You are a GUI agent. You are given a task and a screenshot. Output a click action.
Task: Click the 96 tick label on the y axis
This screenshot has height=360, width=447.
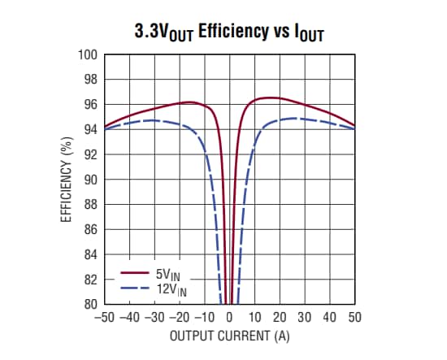pyautogui.click(x=91, y=105)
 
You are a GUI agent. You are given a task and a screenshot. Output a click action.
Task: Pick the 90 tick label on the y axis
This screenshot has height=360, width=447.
pyautogui.click(x=91, y=180)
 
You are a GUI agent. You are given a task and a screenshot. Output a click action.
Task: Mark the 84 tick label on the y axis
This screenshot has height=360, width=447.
pyautogui.click(x=91, y=254)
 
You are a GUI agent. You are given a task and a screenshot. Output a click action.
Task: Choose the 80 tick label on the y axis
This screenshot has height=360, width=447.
pyautogui.click(x=91, y=304)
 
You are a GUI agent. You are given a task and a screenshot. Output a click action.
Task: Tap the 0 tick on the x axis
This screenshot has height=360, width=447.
pyautogui.click(x=230, y=317)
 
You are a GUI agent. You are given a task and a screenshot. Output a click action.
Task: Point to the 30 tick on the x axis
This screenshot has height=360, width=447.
pyautogui.click(x=305, y=317)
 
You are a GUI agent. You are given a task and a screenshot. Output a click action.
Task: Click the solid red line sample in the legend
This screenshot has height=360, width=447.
pyautogui.click(x=134, y=274)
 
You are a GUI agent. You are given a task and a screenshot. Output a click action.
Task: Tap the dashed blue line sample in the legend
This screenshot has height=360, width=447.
pyautogui.click(x=134, y=288)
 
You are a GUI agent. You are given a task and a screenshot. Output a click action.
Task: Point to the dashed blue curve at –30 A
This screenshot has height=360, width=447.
pyautogui.click(x=154, y=120)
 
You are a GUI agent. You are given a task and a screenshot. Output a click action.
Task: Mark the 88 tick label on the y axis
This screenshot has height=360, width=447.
pyautogui.click(x=91, y=205)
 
